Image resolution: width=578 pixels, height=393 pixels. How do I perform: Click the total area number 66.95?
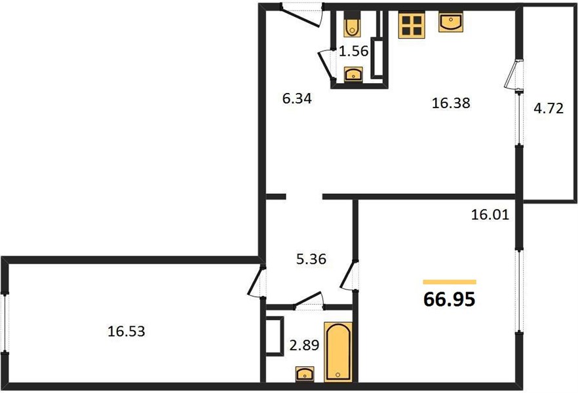(450, 299)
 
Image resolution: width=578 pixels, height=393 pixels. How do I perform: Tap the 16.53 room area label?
(126, 331)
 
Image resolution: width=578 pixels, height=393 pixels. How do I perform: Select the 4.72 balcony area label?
(549, 109)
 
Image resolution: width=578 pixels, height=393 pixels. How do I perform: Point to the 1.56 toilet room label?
(353, 51)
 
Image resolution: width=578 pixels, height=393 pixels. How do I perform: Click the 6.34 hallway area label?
(297, 99)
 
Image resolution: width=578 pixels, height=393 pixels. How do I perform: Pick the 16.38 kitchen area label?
(451, 103)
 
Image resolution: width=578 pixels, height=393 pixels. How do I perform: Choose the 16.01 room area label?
(490, 214)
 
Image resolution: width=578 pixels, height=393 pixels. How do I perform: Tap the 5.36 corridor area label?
(311, 259)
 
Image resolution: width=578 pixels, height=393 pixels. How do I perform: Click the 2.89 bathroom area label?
(304, 345)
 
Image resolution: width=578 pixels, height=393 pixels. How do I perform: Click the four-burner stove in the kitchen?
(412, 25)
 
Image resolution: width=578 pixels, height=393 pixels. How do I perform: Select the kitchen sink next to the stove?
(451, 22)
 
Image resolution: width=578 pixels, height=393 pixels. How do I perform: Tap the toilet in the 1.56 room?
(352, 24)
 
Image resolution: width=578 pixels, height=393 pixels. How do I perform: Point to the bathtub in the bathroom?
(338, 352)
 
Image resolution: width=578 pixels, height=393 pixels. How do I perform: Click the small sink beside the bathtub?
(305, 374)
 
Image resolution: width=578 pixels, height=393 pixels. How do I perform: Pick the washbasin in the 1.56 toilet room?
(353, 74)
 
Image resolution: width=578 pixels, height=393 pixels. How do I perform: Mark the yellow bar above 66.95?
(450, 282)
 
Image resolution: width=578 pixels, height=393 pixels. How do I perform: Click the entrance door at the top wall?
(301, 16)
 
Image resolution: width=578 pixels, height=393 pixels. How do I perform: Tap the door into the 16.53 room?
(256, 280)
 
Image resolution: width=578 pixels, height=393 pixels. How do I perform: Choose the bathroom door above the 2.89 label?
(309, 299)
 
